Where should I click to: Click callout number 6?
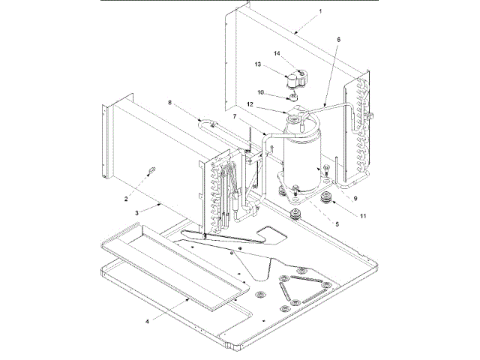tap(338, 39)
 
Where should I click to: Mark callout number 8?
tap(169, 103)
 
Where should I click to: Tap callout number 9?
tap(355, 198)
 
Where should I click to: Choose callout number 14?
tap(277, 53)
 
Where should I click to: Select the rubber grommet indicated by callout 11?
tap(326, 200)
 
